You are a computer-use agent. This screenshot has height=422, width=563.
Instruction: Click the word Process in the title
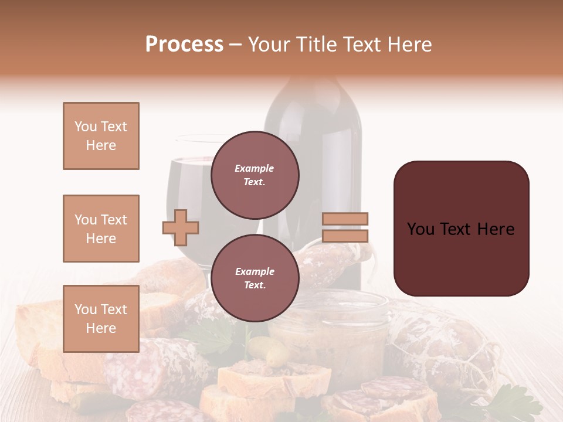click(x=184, y=45)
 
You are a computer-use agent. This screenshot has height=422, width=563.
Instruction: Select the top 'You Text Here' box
click(x=101, y=136)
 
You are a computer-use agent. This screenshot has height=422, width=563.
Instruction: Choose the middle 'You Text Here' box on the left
click(x=101, y=229)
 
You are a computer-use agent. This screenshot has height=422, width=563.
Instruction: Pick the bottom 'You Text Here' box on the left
click(x=101, y=319)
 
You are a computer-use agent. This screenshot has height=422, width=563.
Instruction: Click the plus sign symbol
click(x=181, y=227)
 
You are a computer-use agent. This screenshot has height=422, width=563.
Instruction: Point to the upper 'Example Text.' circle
click(x=255, y=175)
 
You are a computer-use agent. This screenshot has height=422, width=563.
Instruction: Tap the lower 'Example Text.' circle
click(x=255, y=278)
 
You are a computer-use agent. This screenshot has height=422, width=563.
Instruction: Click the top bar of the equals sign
click(x=345, y=219)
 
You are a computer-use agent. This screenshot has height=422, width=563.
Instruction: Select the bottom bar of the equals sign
click(x=345, y=236)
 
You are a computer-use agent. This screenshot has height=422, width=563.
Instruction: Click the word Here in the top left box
click(x=101, y=145)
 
